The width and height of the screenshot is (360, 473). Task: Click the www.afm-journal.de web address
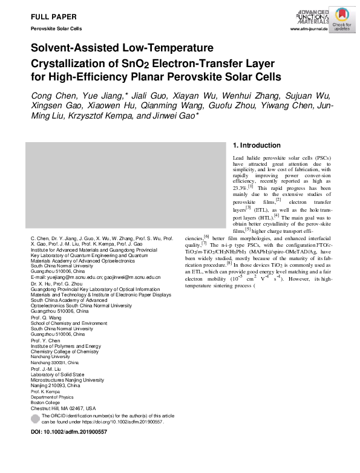(309, 29)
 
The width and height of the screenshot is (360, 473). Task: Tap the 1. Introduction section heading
(257, 145)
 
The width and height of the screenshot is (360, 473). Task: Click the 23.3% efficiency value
(241, 188)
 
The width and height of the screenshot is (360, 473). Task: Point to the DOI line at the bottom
(68, 432)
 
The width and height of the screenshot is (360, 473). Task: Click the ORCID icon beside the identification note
(34, 418)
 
